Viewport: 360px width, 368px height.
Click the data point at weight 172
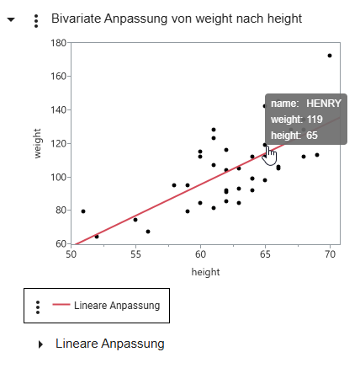(x=330, y=56)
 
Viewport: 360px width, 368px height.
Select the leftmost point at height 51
(x=83, y=211)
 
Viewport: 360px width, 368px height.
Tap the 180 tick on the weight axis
(x=58, y=42)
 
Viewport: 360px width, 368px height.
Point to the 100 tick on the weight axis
(x=58, y=177)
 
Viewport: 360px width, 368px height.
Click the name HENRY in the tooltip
(x=324, y=104)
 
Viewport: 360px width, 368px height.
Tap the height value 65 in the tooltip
(x=311, y=136)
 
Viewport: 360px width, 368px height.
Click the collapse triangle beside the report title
(x=11, y=19)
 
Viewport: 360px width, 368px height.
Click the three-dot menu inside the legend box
(x=38, y=307)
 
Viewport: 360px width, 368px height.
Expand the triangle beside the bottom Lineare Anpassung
(x=40, y=344)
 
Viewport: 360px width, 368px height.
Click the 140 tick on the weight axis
(x=58, y=109)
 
